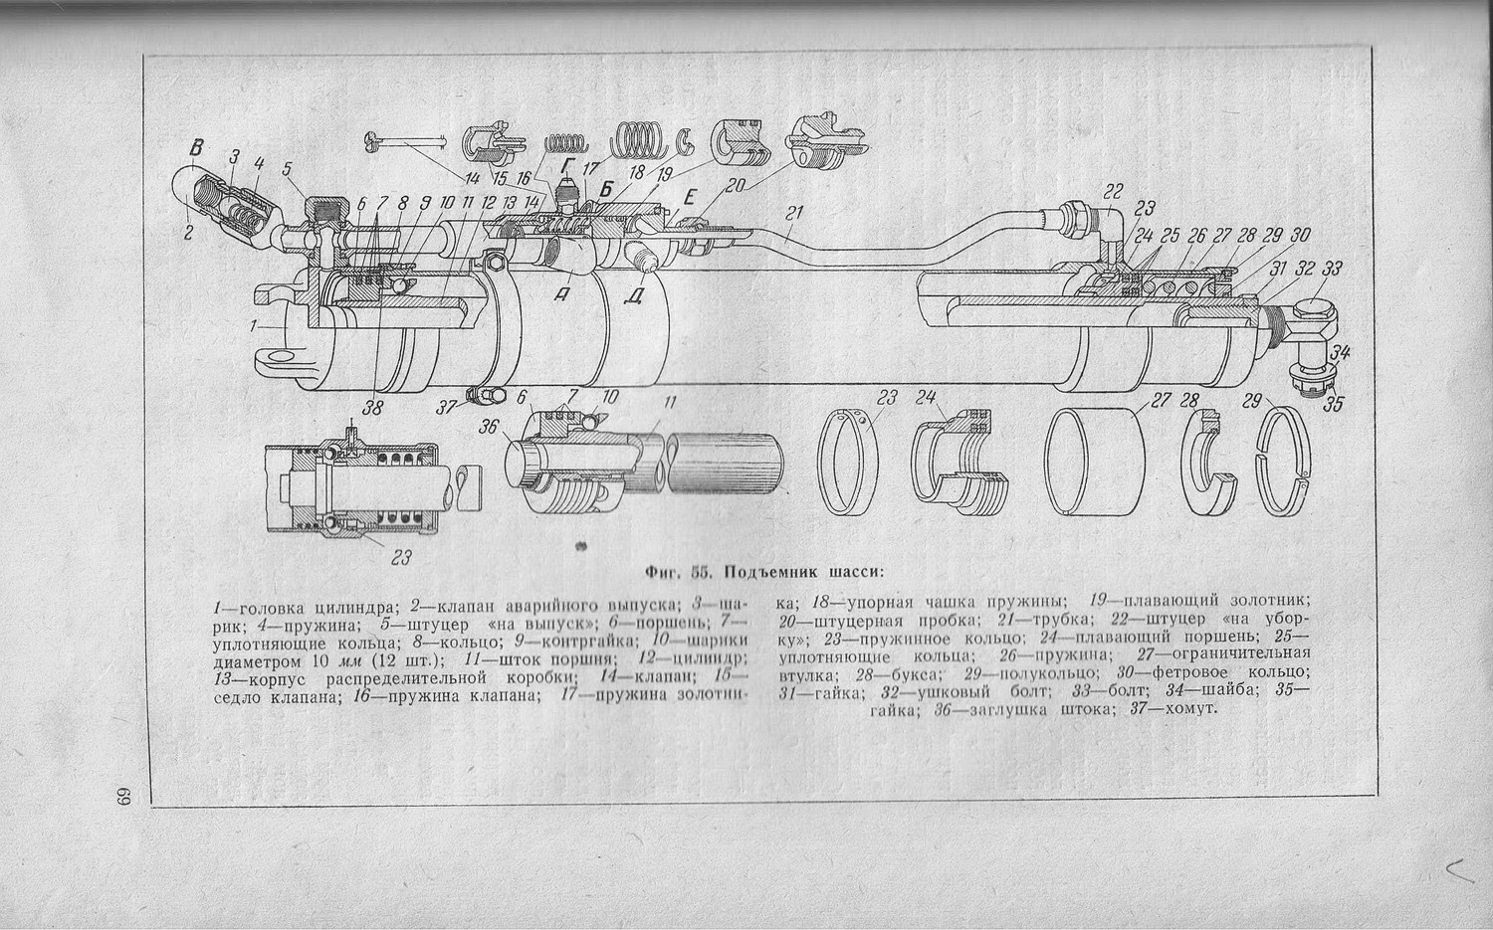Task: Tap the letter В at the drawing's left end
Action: pos(197,149)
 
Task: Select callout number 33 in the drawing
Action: pos(1332,269)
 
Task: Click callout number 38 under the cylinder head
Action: pos(373,406)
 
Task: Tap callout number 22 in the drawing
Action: pos(1113,191)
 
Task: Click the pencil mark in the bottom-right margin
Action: pos(1459,870)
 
